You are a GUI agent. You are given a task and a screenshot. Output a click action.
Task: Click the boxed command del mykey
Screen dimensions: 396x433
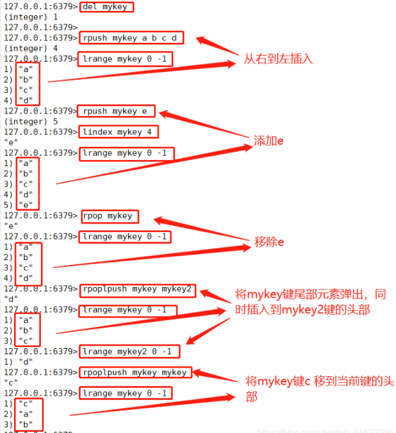point(107,7)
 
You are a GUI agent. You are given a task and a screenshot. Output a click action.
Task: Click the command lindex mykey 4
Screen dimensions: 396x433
point(119,132)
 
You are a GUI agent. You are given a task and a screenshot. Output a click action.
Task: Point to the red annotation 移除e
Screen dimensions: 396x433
point(269,242)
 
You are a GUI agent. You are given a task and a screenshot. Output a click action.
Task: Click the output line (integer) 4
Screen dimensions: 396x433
point(25,48)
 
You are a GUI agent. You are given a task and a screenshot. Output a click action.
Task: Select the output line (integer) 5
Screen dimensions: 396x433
point(25,122)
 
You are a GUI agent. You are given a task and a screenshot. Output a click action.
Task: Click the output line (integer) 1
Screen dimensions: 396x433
point(25,17)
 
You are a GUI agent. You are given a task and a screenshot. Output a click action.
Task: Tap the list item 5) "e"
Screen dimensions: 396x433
point(18,205)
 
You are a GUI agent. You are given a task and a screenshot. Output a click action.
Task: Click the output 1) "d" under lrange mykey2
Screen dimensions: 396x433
point(18,362)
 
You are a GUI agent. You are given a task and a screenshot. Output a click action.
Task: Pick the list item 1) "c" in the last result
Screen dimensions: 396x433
point(18,404)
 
